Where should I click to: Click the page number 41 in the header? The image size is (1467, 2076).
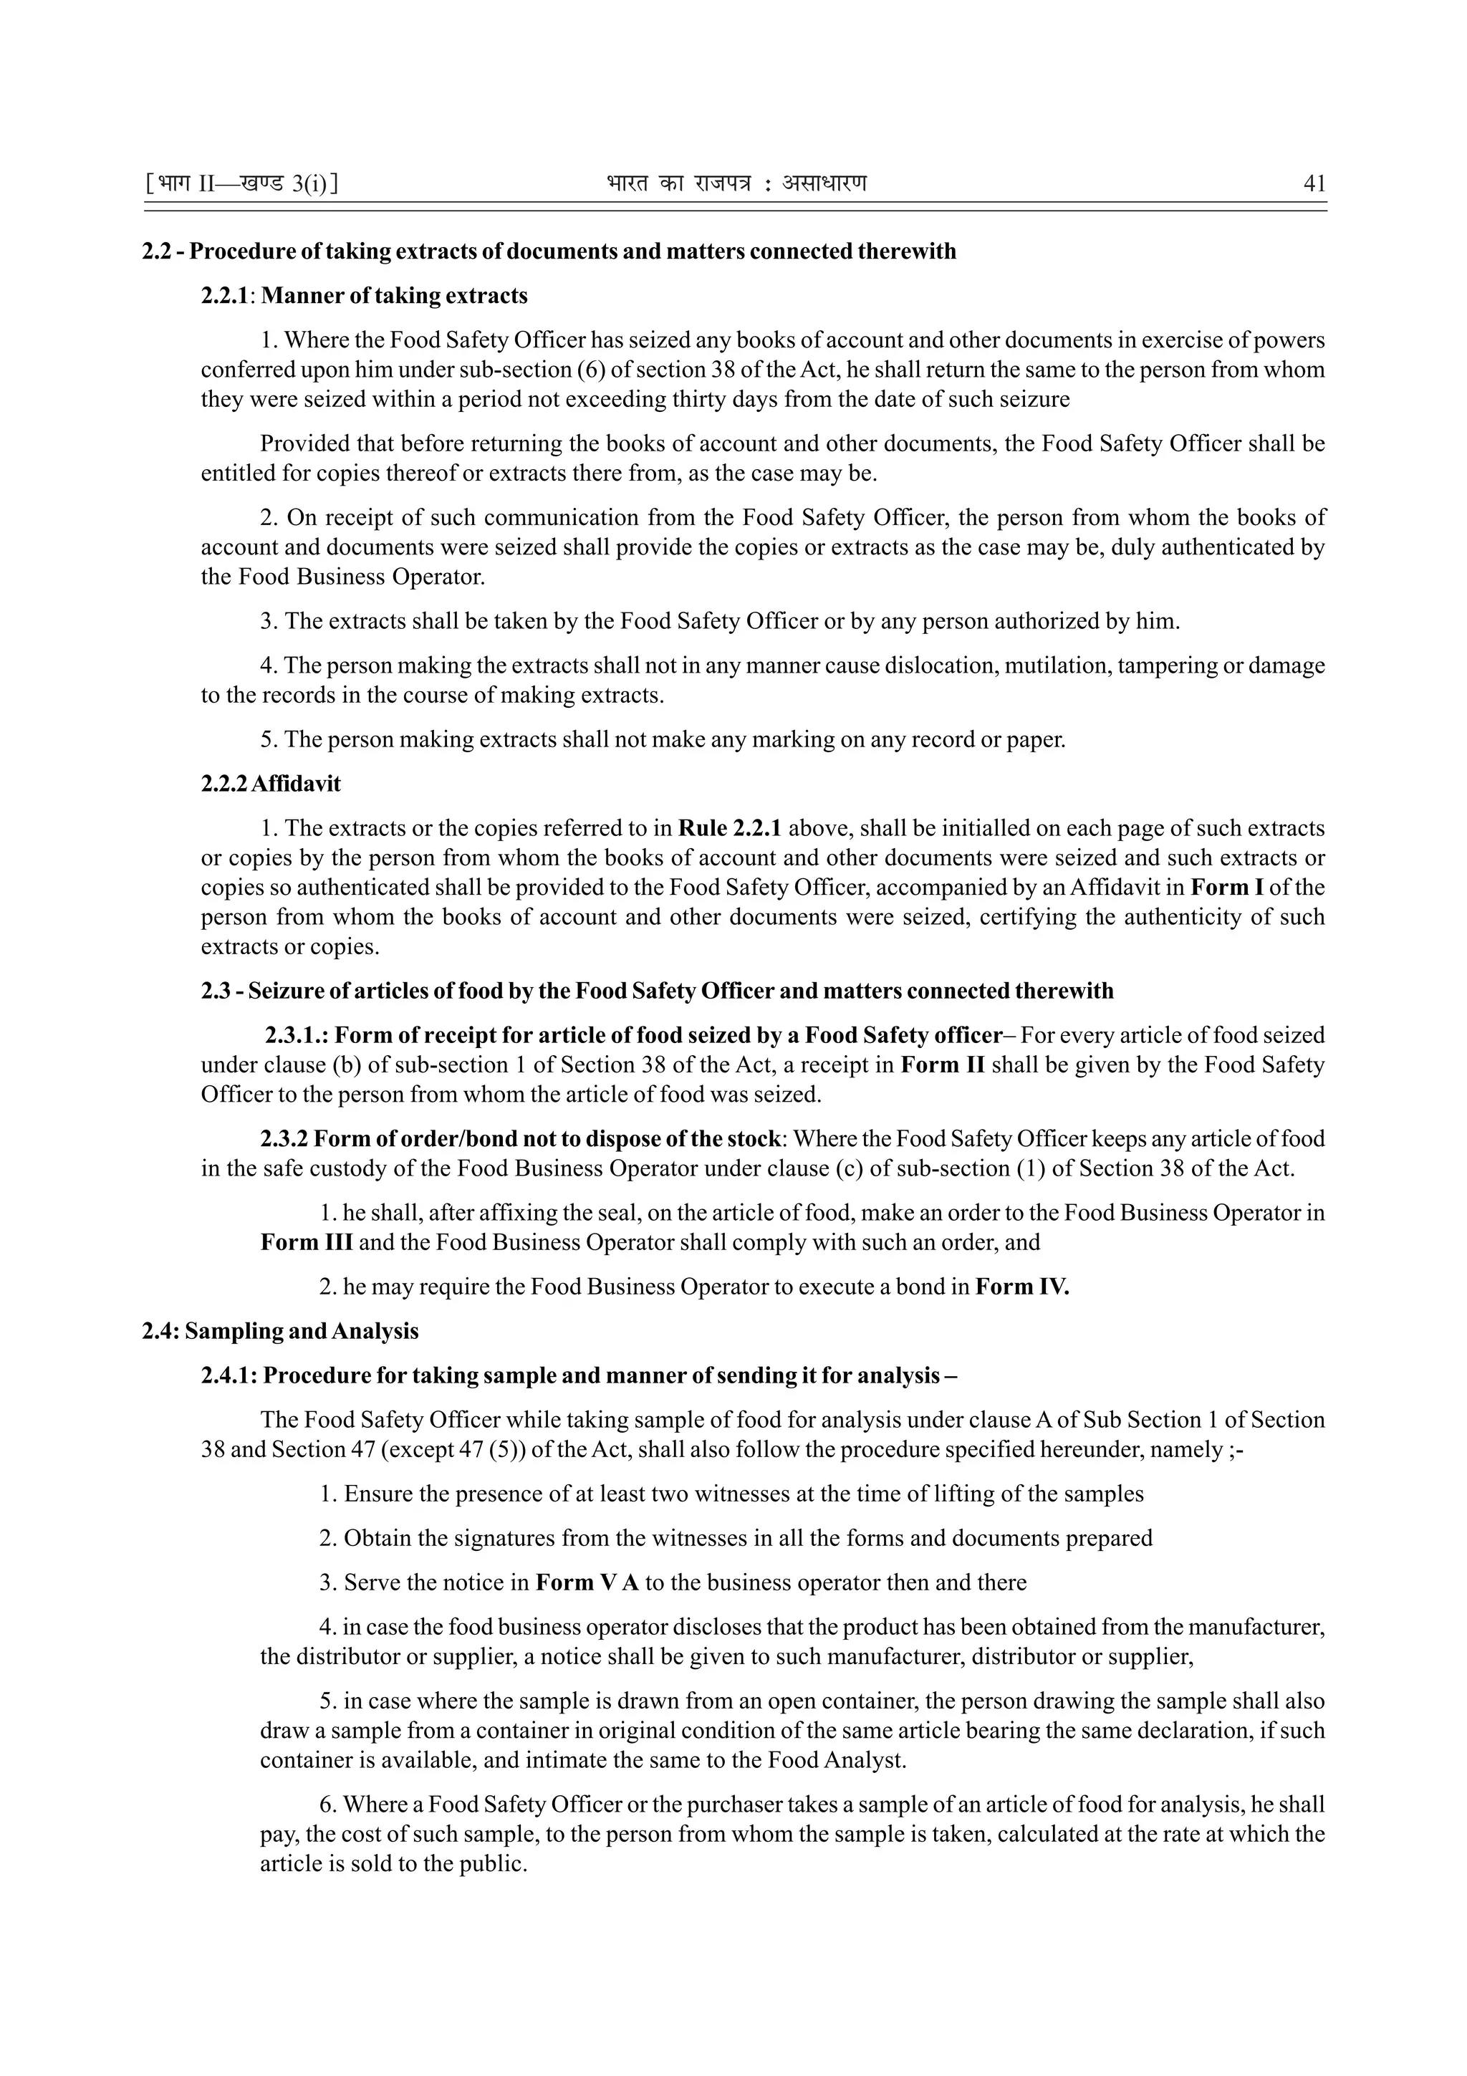(x=1314, y=184)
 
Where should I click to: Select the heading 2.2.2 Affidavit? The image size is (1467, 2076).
(x=270, y=784)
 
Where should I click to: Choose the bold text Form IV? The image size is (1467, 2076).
(x=1021, y=1286)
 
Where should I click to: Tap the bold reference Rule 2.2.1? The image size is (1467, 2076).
(x=729, y=828)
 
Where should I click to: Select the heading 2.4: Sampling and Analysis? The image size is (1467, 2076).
(x=280, y=1331)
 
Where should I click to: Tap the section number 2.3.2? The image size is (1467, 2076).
(x=284, y=1138)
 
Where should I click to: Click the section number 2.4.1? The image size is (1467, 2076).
(x=230, y=1375)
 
